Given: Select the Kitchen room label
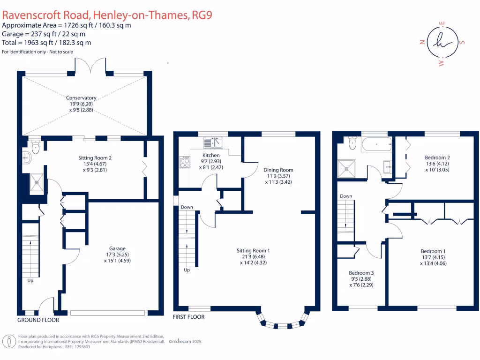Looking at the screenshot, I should point(211,155).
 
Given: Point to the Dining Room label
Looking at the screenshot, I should point(278,170).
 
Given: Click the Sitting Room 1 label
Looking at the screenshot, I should point(253,251).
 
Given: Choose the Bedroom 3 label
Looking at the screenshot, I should point(361,272).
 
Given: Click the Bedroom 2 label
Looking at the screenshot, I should point(437,157).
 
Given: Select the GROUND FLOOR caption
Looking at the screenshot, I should point(38,320).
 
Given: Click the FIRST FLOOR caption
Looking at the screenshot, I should point(188,317).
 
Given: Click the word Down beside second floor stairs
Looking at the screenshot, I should point(346,196).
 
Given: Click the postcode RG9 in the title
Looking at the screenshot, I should point(202,15).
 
